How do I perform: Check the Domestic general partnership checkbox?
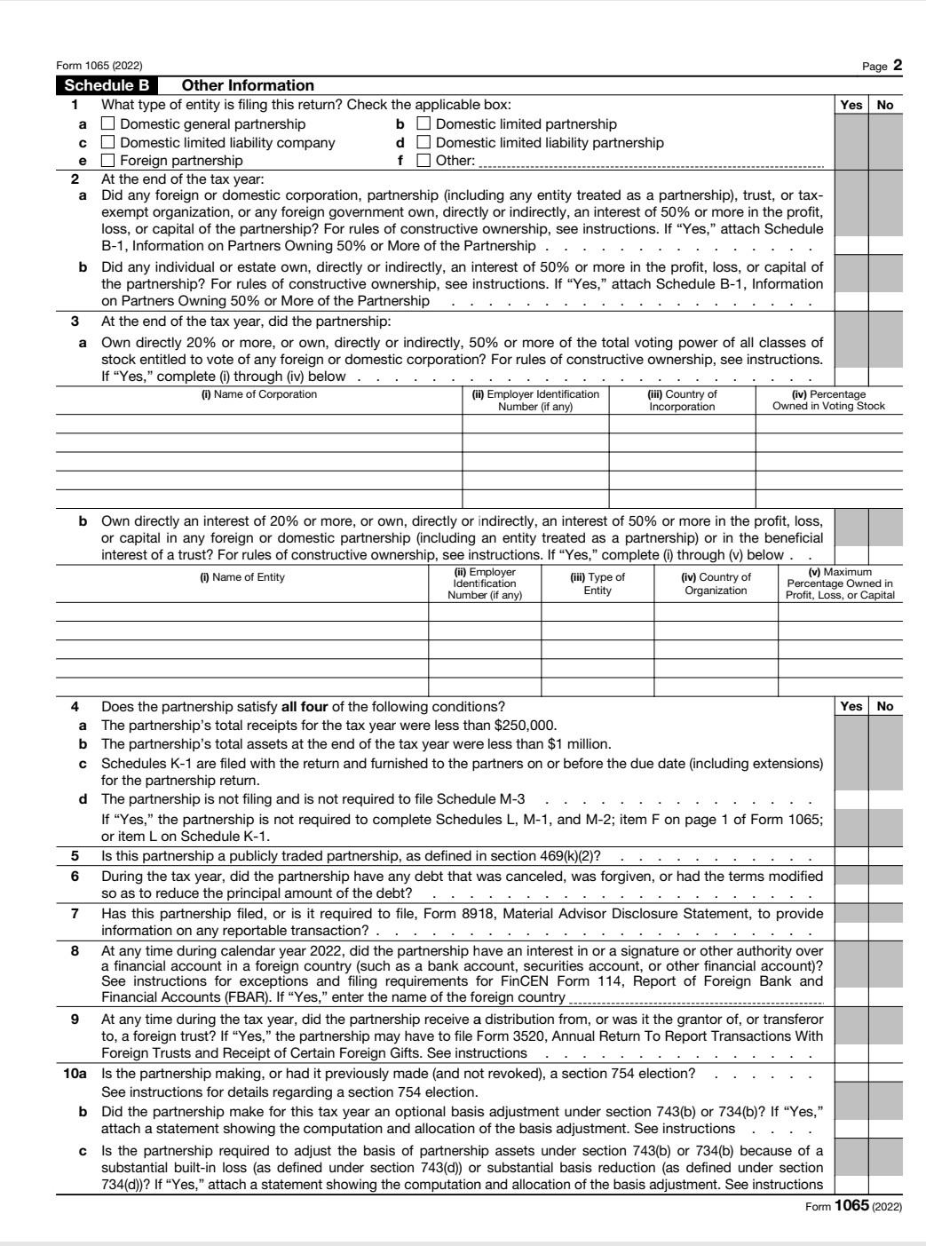pyautogui.click(x=108, y=124)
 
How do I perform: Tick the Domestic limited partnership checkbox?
pyautogui.click(x=423, y=124)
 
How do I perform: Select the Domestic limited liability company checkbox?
pyautogui.click(x=108, y=143)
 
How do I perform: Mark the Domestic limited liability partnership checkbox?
pyautogui.click(x=423, y=143)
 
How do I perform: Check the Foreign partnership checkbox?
pyautogui.click(x=108, y=161)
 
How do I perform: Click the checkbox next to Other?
pyautogui.click(x=423, y=161)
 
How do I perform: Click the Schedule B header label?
pyautogui.click(x=107, y=86)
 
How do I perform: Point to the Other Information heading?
pyautogui.click(x=248, y=86)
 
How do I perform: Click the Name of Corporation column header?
pyautogui.click(x=258, y=394)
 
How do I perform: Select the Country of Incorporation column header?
pyautogui.click(x=682, y=401)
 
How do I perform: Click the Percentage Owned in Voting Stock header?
pyautogui.click(x=828, y=401)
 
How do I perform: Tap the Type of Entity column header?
pyautogui.click(x=598, y=583)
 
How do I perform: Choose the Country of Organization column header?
pyautogui.click(x=716, y=583)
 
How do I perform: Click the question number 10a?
pyautogui.click(x=75, y=1074)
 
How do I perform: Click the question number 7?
pyautogui.click(x=75, y=914)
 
